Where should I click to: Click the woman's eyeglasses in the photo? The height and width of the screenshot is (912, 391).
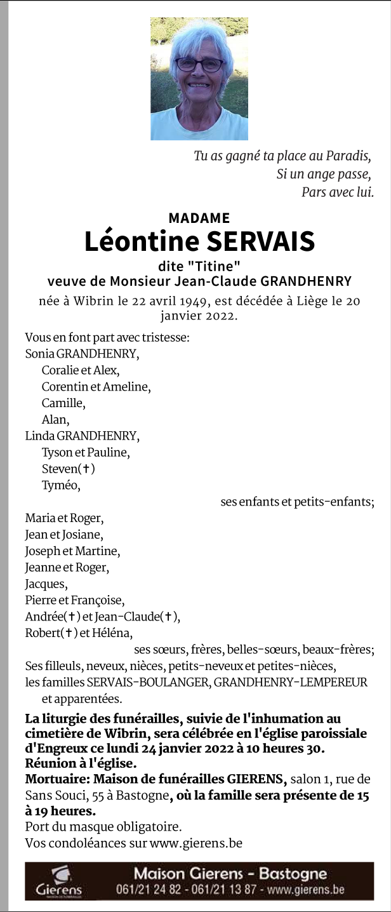(x=199, y=64)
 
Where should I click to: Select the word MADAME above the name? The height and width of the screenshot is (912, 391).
(x=199, y=218)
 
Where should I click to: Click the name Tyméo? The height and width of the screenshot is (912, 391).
(x=61, y=486)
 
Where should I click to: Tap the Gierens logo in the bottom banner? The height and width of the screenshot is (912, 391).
(x=59, y=882)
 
